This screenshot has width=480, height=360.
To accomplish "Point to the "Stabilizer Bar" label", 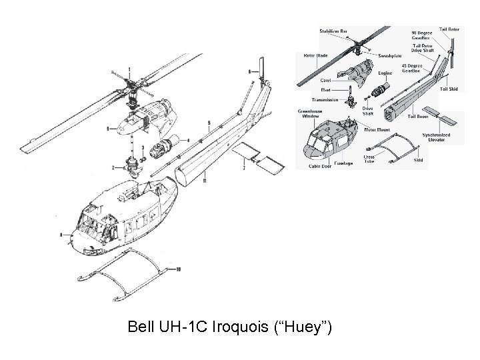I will [333, 31].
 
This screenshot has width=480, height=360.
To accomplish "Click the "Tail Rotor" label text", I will [449, 29].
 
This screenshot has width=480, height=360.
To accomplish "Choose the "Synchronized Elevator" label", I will [436, 137].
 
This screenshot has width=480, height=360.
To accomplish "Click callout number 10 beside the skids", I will [178, 269].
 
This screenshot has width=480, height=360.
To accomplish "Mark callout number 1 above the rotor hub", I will [129, 69].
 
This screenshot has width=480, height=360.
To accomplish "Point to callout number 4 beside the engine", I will [188, 140].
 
